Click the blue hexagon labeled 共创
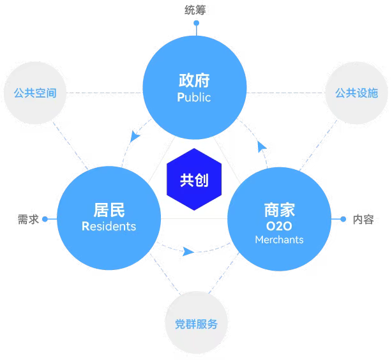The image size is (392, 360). point(194,179)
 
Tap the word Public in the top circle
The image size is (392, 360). point(194,97)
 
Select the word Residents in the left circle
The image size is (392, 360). point(109,226)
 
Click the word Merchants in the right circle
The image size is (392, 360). point(279,240)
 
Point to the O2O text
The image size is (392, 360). point(279,226)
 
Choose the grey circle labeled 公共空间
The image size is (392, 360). point(35,93)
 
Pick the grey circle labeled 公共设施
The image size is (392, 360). point(356,93)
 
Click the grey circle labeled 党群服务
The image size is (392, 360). point(196,322)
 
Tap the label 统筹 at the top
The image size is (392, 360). point(195,10)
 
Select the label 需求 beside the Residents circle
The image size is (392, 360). point(28,219)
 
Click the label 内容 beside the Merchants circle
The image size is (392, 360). point(363,219)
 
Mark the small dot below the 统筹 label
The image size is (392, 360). point(197,23)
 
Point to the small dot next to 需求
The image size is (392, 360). point(45,219)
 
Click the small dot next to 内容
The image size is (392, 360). point(343,219)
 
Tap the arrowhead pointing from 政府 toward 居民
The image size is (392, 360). point(135,136)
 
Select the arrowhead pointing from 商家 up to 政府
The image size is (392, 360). point(262,147)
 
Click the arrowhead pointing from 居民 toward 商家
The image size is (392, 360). point(188,251)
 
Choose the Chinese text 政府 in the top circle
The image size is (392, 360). point(194,80)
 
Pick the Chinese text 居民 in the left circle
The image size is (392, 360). point(109,210)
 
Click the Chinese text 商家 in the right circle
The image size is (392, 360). point(280,210)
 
